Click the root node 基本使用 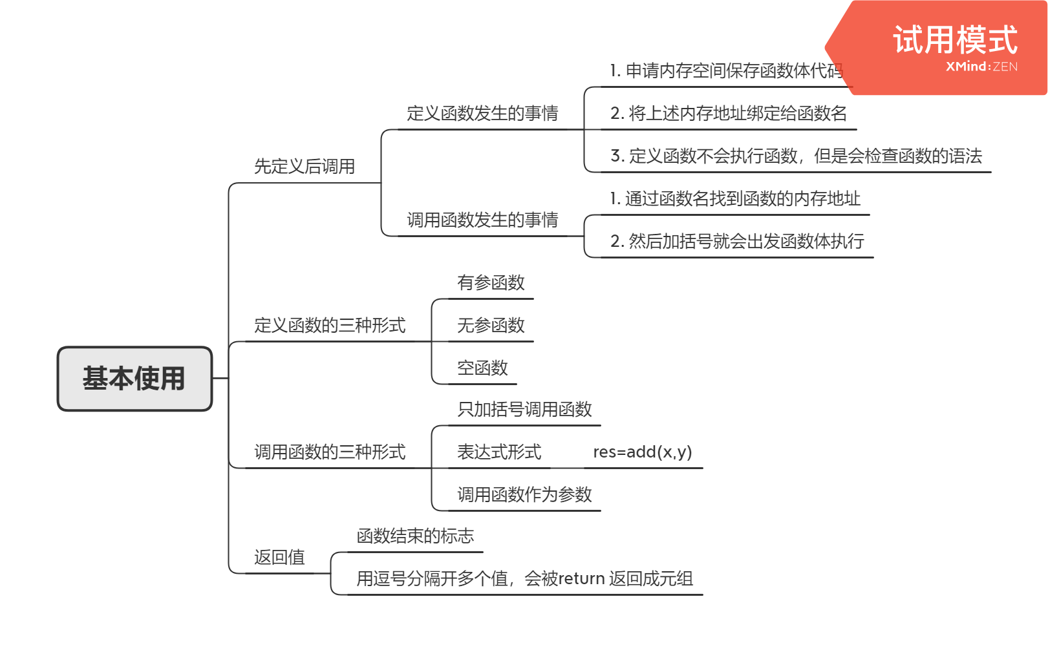coord(134,379)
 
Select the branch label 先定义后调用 coord(304,167)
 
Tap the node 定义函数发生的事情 coord(482,114)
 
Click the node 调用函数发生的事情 coord(482,220)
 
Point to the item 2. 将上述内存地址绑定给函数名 coord(729,114)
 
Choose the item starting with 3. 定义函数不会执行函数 coord(796,156)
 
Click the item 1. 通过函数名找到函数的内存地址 coord(735,199)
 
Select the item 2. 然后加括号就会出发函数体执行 coord(737,242)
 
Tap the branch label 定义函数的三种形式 coord(330,325)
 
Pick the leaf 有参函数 coord(491,283)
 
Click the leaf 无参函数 coord(491,326)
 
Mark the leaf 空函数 coord(482,368)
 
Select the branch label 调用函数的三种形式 coord(330,452)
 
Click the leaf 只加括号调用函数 coord(524,410)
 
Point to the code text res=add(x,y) coord(642,452)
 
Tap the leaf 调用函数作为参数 coord(524,495)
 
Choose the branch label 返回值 coord(279,557)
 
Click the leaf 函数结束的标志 coord(415,536)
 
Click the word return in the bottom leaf coord(581,579)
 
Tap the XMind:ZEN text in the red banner coord(981,67)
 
